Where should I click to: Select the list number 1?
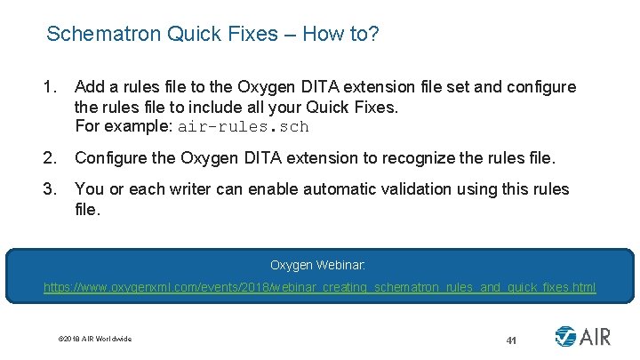pyautogui.click(x=50, y=87)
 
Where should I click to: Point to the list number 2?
pyautogui.click(x=50, y=159)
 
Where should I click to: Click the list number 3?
pyautogui.click(x=50, y=189)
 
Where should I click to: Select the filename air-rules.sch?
pyautogui.click(x=243, y=126)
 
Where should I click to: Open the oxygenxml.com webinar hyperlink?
pyautogui.click(x=320, y=288)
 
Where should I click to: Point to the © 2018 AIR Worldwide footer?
pyautogui.click(x=94, y=339)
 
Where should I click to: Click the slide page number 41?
pyautogui.click(x=511, y=340)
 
